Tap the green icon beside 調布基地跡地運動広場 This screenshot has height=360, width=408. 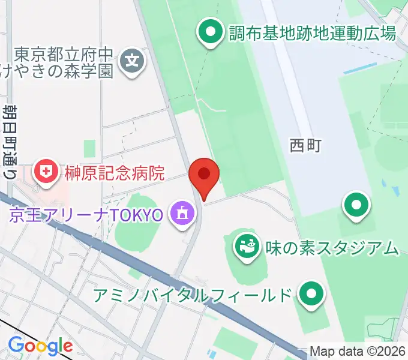click(x=211, y=32)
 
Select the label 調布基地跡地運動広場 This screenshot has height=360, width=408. click(x=313, y=32)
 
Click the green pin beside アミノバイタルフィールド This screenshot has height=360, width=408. click(x=311, y=294)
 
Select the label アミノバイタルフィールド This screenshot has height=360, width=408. click(x=193, y=295)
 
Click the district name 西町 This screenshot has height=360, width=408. click(x=306, y=145)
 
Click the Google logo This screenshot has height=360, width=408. click(x=40, y=346)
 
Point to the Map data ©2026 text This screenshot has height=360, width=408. click(x=357, y=351)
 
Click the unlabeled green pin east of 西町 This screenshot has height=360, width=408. click(x=356, y=205)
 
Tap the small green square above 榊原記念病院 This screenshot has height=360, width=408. click(x=90, y=148)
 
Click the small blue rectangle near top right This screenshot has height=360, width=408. click(x=352, y=72)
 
